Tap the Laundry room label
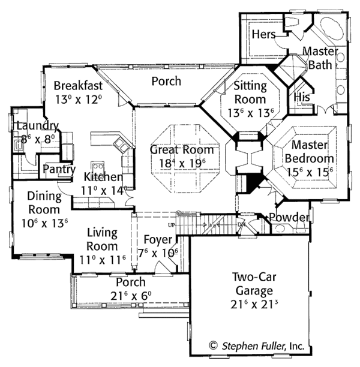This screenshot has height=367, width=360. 37,126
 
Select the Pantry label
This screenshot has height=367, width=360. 58,170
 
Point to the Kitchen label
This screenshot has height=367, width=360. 103,177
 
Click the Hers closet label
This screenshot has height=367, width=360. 263,34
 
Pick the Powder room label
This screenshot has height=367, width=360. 290,217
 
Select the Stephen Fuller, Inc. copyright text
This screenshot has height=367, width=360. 257,346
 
